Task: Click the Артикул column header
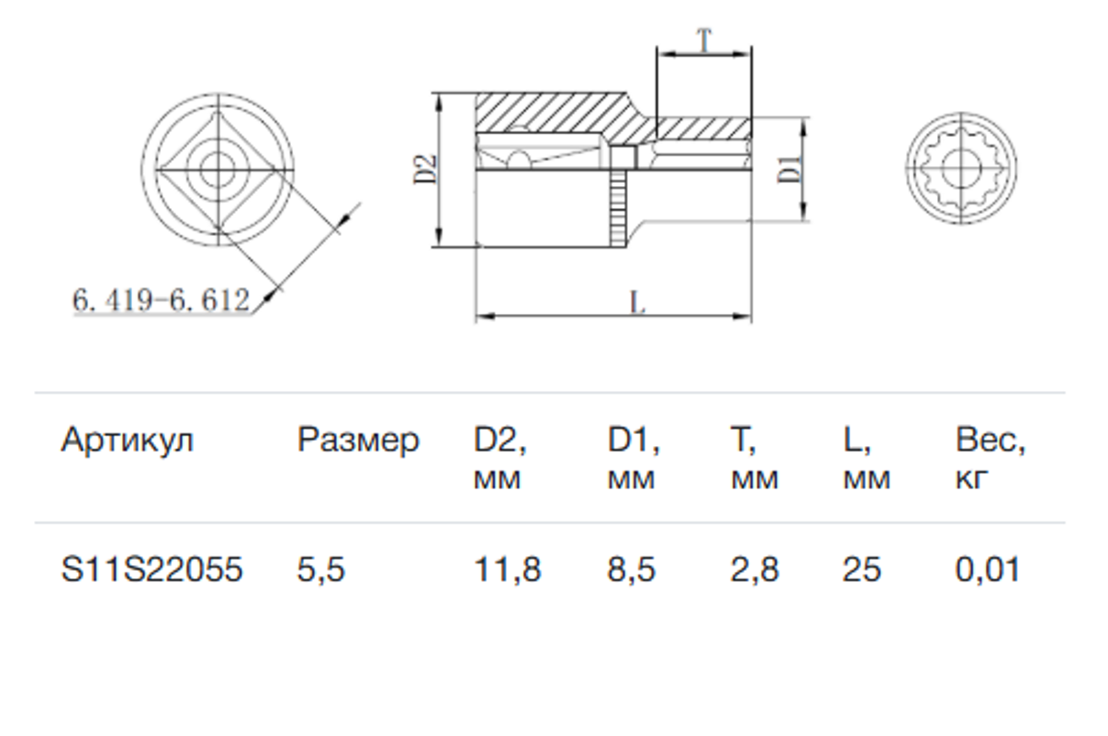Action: pyautogui.click(x=127, y=440)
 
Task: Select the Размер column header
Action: pyautogui.click(x=358, y=441)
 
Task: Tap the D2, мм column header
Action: pyautogui.click(x=500, y=459)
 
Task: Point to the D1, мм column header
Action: pyautogui.click(x=633, y=459)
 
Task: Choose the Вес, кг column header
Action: pyautogui.click(x=990, y=459)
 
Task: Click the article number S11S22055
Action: pyautogui.click(x=151, y=569)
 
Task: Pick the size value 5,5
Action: pyautogui.click(x=320, y=570)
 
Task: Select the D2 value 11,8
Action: pyautogui.click(x=508, y=570)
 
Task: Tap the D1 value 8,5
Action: pyautogui.click(x=632, y=570)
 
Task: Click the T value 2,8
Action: pyautogui.click(x=755, y=570)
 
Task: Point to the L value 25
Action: pyautogui.click(x=862, y=569)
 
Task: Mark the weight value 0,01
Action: pyautogui.click(x=988, y=570)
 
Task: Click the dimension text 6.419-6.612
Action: pyautogui.click(x=161, y=300)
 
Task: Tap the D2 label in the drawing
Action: pyautogui.click(x=425, y=169)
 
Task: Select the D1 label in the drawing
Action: pyautogui.click(x=789, y=169)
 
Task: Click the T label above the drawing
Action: pyautogui.click(x=704, y=40)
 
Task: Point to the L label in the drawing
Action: pyautogui.click(x=637, y=302)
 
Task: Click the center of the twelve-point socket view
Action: pyautogui.click(x=961, y=168)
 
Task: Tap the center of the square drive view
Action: pyautogui.click(x=218, y=170)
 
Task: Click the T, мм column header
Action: pyautogui.click(x=755, y=459)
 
